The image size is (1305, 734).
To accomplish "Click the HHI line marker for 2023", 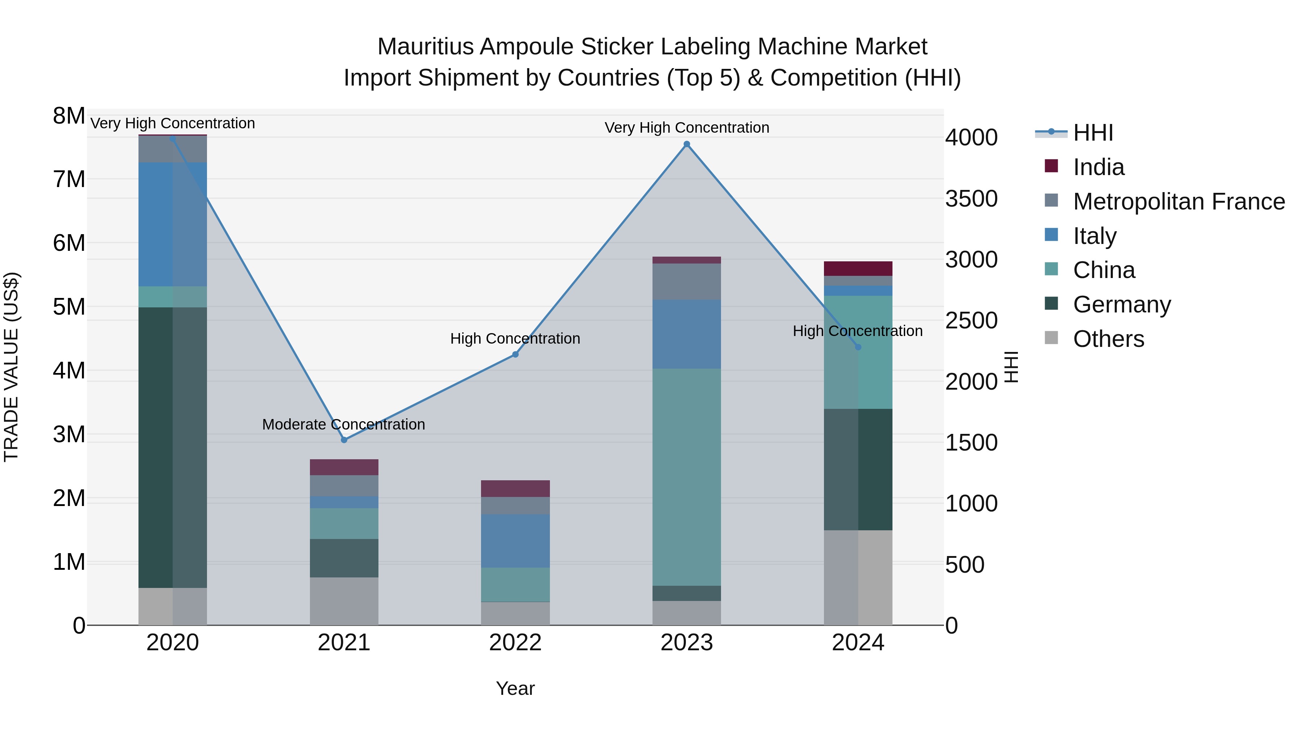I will pyautogui.click(x=687, y=144).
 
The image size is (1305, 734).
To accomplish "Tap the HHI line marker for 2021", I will pyautogui.click(x=344, y=440).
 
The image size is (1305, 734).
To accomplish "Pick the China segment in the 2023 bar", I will pyautogui.click(x=687, y=476).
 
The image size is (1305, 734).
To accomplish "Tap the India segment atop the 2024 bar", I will pyautogui.click(x=858, y=269).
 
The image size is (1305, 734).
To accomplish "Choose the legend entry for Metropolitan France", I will pyautogui.click(x=1178, y=202).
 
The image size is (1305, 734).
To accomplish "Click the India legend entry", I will pyautogui.click(x=1098, y=167).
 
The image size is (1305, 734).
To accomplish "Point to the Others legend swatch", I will pyautogui.click(x=1051, y=338).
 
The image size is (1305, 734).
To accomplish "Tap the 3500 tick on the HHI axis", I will pyautogui.click(x=971, y=199).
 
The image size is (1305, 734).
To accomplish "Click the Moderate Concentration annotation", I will pyautogui.click(x=344, y=424).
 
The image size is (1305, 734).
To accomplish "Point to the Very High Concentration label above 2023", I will pyautogui.click(x=687, y=128).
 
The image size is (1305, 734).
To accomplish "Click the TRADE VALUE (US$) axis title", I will pyautogui.click(x=11, y=367).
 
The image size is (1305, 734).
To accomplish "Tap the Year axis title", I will pyautogui.click(x=515, y=688).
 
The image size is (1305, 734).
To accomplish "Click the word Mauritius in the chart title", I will pyautogui.click(x=424, y=47).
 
